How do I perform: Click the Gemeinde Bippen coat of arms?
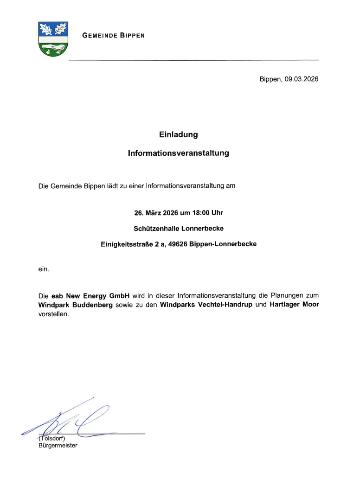pyautogui.click(x=53, y=39)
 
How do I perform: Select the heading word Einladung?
pyautogui.click(x=179, y=135)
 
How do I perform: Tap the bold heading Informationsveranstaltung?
pyautogui.click(x=179, y=153)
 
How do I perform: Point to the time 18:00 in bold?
pyautogui.click(x=200, y=213)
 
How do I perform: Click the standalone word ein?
pyautogui.click(x=44, y=269)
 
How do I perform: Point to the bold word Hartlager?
pyautogui.click(x=285, y=305)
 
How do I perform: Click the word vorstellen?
pyautogui.click(x=53, y=314)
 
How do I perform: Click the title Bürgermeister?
pyautogui.click(x=58, y=446)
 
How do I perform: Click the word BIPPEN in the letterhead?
pyautogui.click(x=132, y=36)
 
